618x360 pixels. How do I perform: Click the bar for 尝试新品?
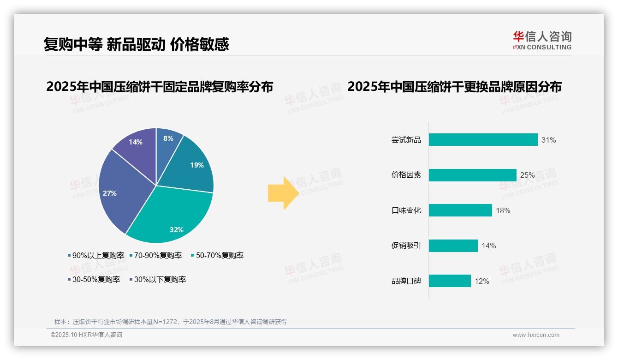(x=483, y=139)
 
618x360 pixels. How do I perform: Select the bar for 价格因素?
(x=472, y=175)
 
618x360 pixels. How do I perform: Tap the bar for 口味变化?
(x=460, y=210)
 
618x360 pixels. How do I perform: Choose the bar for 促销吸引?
(x=453, y=246)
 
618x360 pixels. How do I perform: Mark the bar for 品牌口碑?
(x=450, y=281)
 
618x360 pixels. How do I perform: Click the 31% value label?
(x=549, y=140)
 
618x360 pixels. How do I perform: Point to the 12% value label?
(x=482, y=281)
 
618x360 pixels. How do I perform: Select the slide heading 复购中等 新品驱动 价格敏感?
(x=136, y=44)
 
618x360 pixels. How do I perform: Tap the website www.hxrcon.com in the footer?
(x=536, y=335)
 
